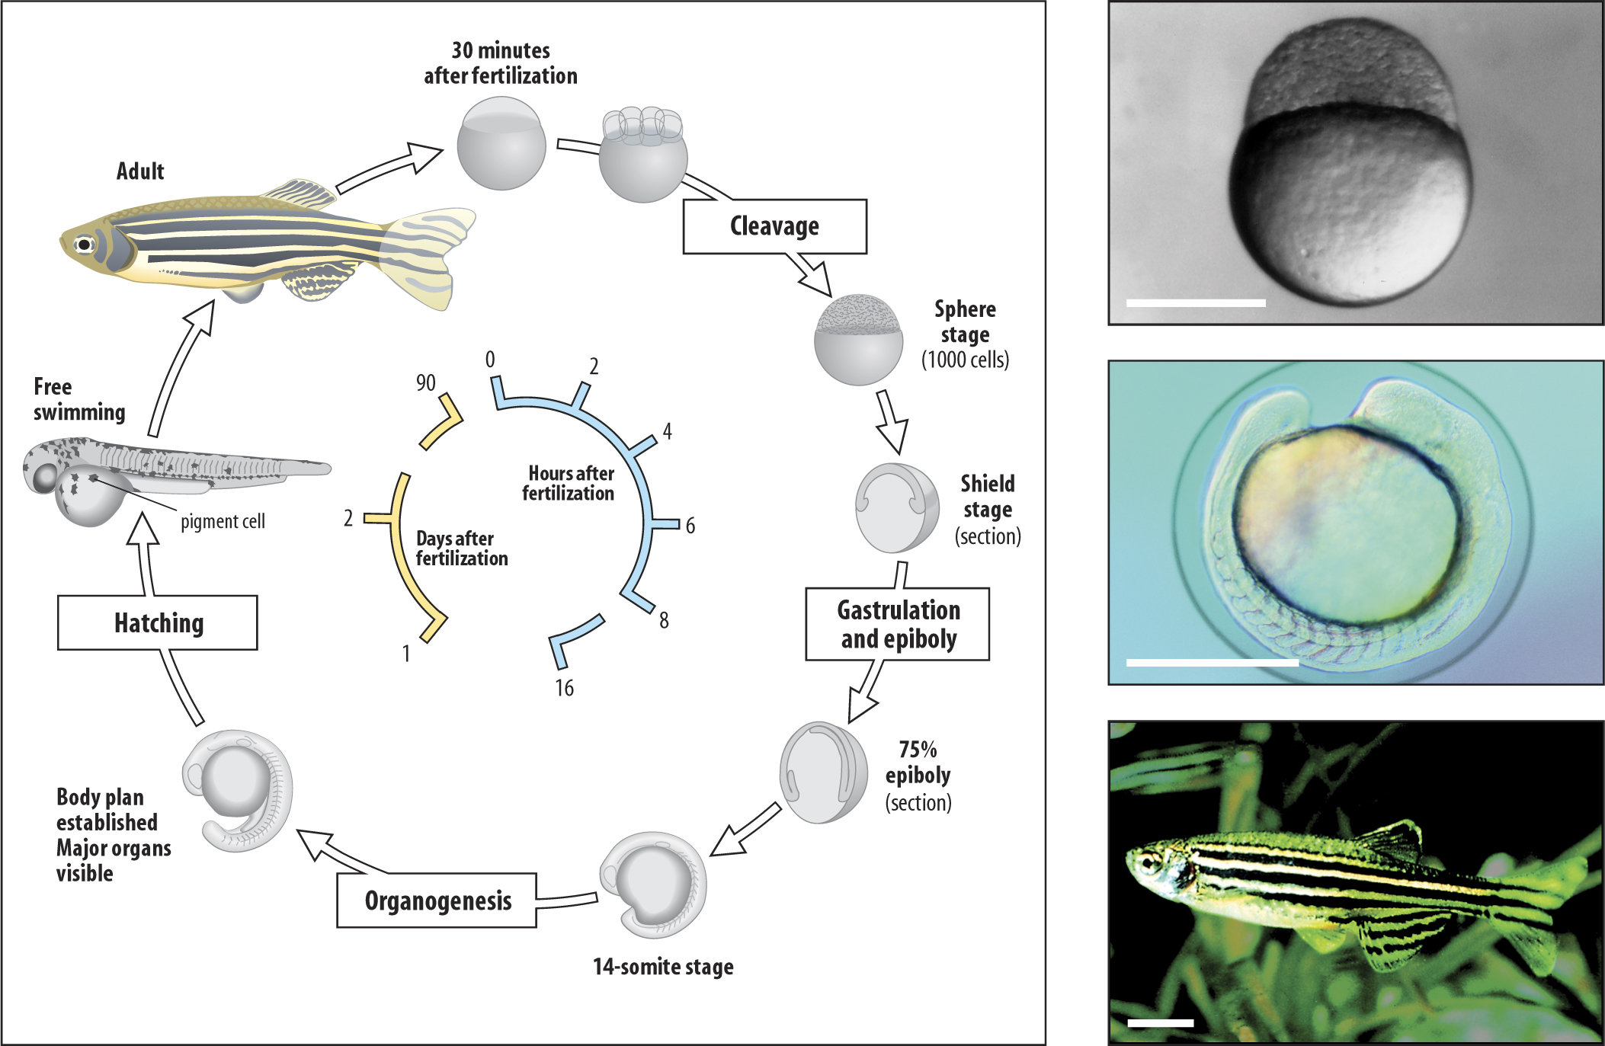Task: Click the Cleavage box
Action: coord(774,226)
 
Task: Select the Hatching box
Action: coord(158,622)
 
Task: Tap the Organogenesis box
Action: coord(437,900)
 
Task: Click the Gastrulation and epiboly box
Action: coord(898,624)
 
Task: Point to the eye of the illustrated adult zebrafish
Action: coord(83,245)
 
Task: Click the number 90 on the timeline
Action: coord(425,382)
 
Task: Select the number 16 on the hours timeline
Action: coord(564,688)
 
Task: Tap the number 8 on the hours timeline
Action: coord(664,620)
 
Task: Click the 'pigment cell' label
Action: coord(223,522)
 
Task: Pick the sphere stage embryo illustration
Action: coord(858,339)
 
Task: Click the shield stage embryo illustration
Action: coord(897,508)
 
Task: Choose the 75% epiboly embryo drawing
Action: coord(823,772)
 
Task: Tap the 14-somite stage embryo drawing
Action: coord(654,884)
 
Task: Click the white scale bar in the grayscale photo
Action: coord(1195,303)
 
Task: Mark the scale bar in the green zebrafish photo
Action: coord(1160,1022)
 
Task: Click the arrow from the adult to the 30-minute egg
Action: coord(389,168)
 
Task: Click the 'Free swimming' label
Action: coord(78,399)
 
